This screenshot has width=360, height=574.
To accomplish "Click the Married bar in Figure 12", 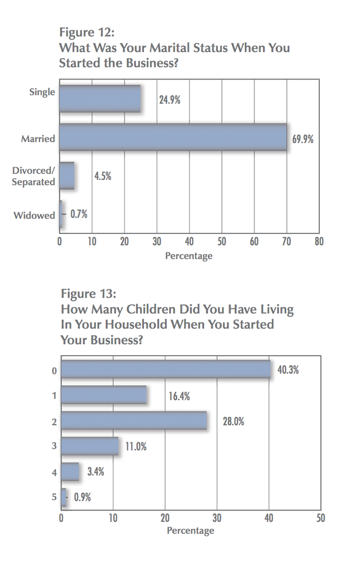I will [x=173, y=137].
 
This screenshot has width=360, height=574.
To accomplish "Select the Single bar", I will [x=100, y=99].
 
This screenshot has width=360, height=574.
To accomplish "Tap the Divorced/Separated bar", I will [x=67, y=176].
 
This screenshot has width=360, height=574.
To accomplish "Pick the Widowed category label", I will [x=34, y=215].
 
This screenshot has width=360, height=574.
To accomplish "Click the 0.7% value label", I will [x=79, y=214].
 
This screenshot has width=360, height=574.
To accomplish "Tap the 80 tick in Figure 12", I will [x=319, y=242].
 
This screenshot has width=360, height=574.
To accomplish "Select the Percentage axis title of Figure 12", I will [x=189, y=256].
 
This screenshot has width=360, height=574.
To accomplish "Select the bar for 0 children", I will [x=166, y=369].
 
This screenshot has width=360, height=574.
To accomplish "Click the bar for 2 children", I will [x=134, y=420].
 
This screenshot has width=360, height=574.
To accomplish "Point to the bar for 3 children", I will [x=89, y=446].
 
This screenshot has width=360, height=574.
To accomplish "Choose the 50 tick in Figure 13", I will [x=320, y=518].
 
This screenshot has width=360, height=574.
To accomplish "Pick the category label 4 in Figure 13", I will [x=54, y=472].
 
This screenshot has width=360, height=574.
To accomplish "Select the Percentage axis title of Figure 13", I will [x=190, y=531].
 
